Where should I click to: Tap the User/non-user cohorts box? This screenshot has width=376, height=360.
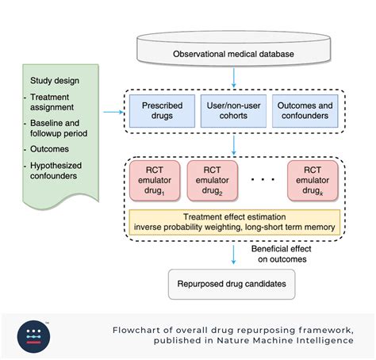(x=232, y=111)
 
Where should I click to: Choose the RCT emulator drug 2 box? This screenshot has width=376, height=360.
(x=211, y=182)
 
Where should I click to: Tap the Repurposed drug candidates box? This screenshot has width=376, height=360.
(x=233, y=283)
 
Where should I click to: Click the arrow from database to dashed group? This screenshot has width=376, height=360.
(x=233, y=77)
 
